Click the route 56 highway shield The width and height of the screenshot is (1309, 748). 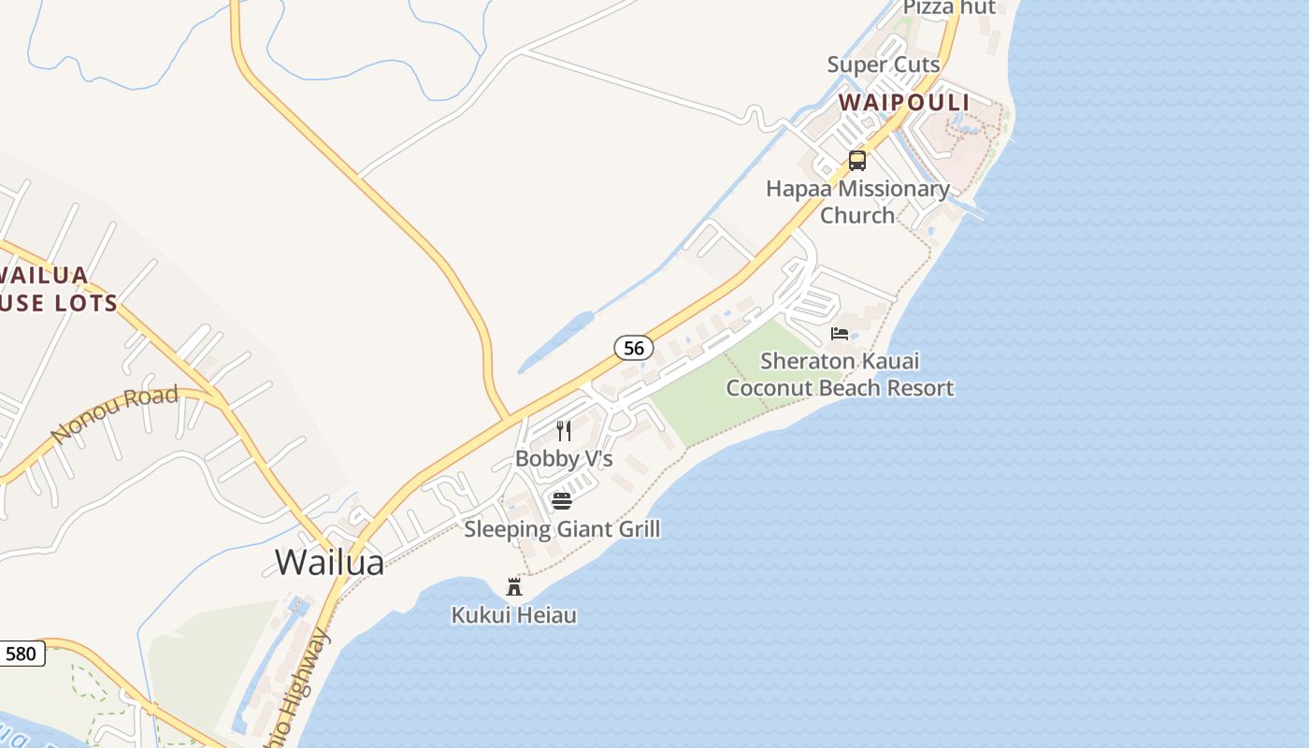[x=634, y=348]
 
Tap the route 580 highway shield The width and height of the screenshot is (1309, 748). [x=21, y=653]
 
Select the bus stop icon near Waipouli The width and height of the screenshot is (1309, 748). [x=857, y=161]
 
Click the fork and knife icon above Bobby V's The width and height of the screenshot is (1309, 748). [x=564, y=431]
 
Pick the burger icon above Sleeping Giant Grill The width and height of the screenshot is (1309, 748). [x=562, y=501]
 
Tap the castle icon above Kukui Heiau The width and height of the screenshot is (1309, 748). [x=513, y=587]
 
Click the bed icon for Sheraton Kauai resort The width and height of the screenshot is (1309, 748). [x=840, y=334]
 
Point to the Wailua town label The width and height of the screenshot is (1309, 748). [x=329, y=562]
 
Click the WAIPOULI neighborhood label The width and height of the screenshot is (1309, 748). [x=903, y=102]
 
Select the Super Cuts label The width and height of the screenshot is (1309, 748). [x=883, y=65]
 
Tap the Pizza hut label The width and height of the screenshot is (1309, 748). [x=948, y=8]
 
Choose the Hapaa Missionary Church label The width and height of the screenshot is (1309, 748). [x=857, y=202]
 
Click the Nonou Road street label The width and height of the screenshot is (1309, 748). [x=114, y=414]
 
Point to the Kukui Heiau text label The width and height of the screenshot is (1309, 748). [x=513, y=615]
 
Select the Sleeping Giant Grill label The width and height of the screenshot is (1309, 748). [x=562, y=529]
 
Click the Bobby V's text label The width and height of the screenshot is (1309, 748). [x=564, y=459]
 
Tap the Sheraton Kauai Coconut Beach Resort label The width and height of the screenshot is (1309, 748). [x=840, y=374]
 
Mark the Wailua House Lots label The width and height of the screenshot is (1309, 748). [x=56, y=289]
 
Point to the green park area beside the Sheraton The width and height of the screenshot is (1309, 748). [x=711, y=393]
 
